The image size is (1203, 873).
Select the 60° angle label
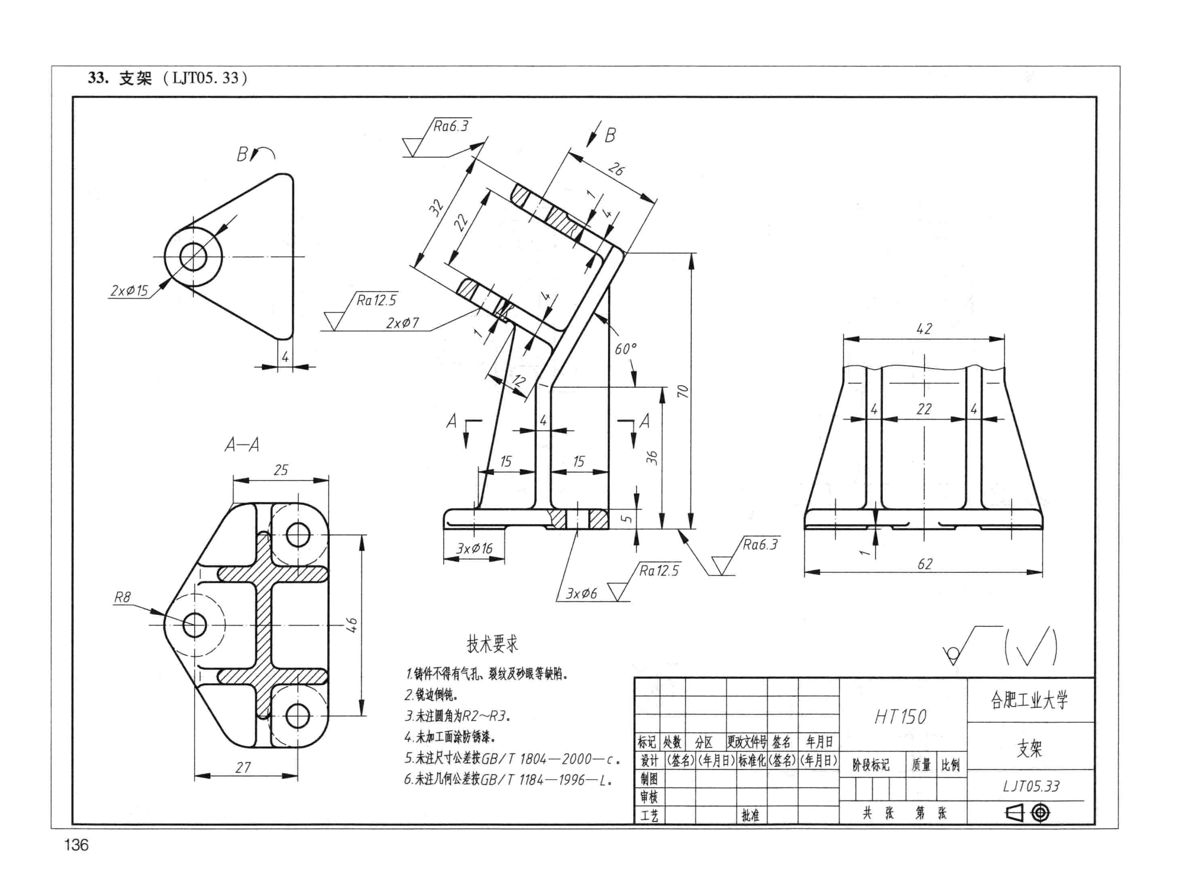click(626, 349)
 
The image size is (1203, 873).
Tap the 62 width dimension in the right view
click(925, 564)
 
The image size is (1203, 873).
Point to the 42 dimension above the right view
click(924, 329)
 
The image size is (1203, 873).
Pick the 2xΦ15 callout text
click(129, 291)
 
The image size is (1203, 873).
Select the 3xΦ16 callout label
click(474, 548)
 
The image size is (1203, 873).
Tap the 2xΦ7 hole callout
click(403, 323)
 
